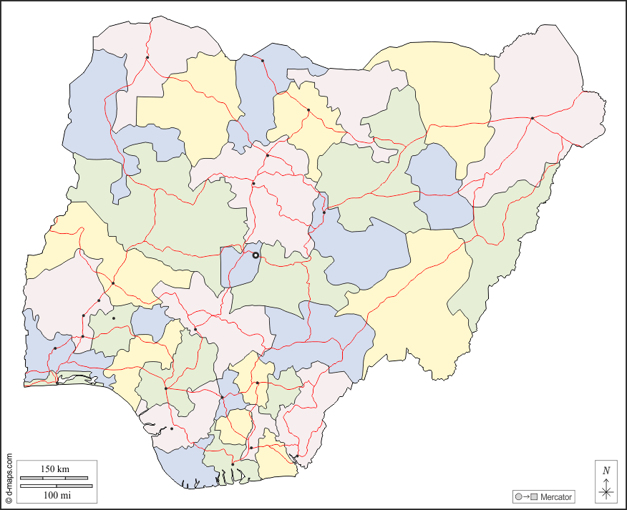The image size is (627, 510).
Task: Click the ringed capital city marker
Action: (256, 255)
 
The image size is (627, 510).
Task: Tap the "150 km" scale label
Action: (54, 469)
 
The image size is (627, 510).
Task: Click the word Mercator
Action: (556, 496)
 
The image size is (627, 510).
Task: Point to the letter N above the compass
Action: (606, 471)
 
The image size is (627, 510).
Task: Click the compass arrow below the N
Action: (606, 489)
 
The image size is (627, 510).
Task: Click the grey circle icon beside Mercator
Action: (517, 496)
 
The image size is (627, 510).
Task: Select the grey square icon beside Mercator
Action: (534, 496)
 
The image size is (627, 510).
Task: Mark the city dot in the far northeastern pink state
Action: (533, 118)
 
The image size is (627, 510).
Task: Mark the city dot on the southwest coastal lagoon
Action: (57, 383)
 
